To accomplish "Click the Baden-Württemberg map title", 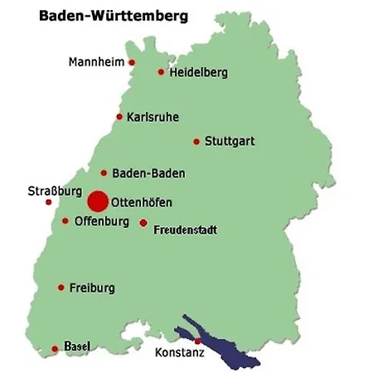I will click(x=112, y=16).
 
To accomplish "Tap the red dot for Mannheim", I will click(x=131, y=62).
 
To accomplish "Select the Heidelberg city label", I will click(x=198, y=73).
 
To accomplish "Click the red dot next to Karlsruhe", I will click(x=120, y=117).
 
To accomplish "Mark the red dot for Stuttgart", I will click(x=196, y=142).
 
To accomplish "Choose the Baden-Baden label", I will click(x=148, y=174).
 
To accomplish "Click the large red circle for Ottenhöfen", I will click(x=98, y=201).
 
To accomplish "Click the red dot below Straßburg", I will click(x=48, y=201).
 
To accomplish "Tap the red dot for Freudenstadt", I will click(x=143, y=223).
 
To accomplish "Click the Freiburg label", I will click(x=92, y=288).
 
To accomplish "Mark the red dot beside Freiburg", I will click(x=61, y=288).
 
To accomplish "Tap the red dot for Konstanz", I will click(x=197, y=341).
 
